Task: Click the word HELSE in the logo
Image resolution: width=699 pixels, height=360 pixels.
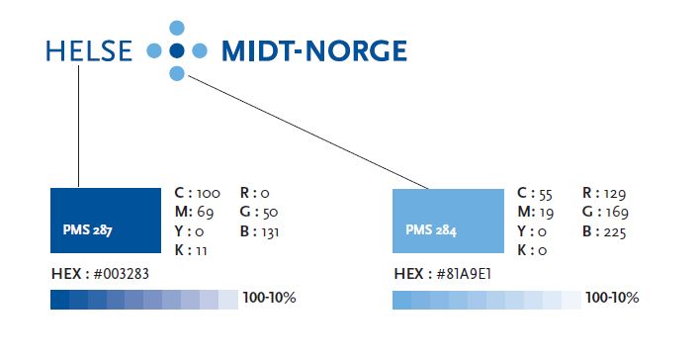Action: (x=88, y=50)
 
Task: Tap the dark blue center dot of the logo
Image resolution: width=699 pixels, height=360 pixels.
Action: (x=177, y=49)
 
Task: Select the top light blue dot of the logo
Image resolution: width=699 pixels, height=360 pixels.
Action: (x=177, y=28)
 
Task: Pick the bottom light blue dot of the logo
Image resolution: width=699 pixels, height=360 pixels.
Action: (x=177, y=73)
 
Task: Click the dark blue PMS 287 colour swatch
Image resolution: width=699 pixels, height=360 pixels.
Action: (x=105, y=219)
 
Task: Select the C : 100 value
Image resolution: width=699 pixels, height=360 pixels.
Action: (x=197, y=194)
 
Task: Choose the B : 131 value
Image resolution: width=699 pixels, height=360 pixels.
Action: (x=261, y=231)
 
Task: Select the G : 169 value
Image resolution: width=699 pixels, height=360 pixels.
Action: (x=605, y=213)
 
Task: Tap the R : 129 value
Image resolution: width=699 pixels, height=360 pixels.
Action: (x=605, y=194)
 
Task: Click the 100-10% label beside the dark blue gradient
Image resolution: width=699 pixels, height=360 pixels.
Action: (x=269, y=298)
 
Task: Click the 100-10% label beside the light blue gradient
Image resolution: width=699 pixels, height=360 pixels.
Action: (x=612, y=298)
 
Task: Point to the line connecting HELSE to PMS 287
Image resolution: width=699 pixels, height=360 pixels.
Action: (x=78, y=124)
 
